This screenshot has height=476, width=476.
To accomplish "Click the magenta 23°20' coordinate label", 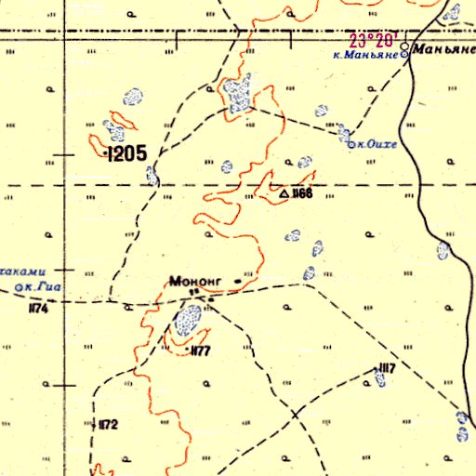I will tap(374, 41).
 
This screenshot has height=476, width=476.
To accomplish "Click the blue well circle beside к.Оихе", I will tap(350, 144).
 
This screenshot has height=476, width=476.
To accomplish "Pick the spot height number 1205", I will tap(126, 154).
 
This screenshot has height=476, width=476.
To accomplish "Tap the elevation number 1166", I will tap(302, 193).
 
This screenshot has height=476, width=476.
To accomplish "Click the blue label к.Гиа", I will tap(43, 287).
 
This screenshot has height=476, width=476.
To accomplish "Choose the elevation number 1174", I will tap(37, 309).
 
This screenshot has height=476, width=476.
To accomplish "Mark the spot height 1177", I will tap(200, 350).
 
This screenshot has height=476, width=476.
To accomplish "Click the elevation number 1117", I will tap(387, 369).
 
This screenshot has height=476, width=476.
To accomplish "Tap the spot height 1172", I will tap(109, 425).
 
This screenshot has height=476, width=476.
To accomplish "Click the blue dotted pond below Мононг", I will tap(189, 322).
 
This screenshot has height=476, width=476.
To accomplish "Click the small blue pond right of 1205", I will tap(153, 175).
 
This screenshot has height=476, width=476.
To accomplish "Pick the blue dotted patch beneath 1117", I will tap(380, 383).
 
